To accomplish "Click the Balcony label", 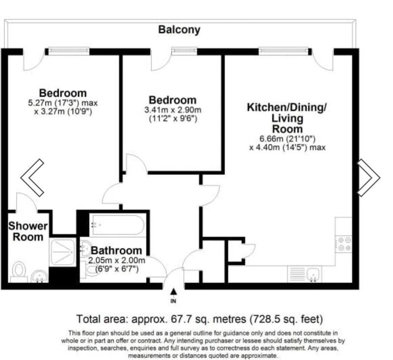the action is coord(179,30).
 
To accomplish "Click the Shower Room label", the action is coord(28,231).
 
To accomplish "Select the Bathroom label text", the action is coord(116,250).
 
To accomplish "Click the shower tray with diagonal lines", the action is coord(63,252).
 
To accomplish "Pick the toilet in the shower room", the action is coord(19,272).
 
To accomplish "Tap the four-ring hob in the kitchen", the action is coord(343,244).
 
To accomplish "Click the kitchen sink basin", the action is coord(313,274).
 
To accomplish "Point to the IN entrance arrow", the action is coord(173,292).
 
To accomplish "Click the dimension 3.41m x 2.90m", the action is coord(173,110).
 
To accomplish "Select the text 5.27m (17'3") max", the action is coord(63,103).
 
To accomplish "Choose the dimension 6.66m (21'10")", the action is coord(287,138).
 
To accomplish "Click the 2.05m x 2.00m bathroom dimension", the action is coord(116,260).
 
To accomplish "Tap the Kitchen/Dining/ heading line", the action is coord(287,107).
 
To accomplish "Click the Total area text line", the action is coord(199,319).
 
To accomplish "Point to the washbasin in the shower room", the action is coord(39,277).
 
